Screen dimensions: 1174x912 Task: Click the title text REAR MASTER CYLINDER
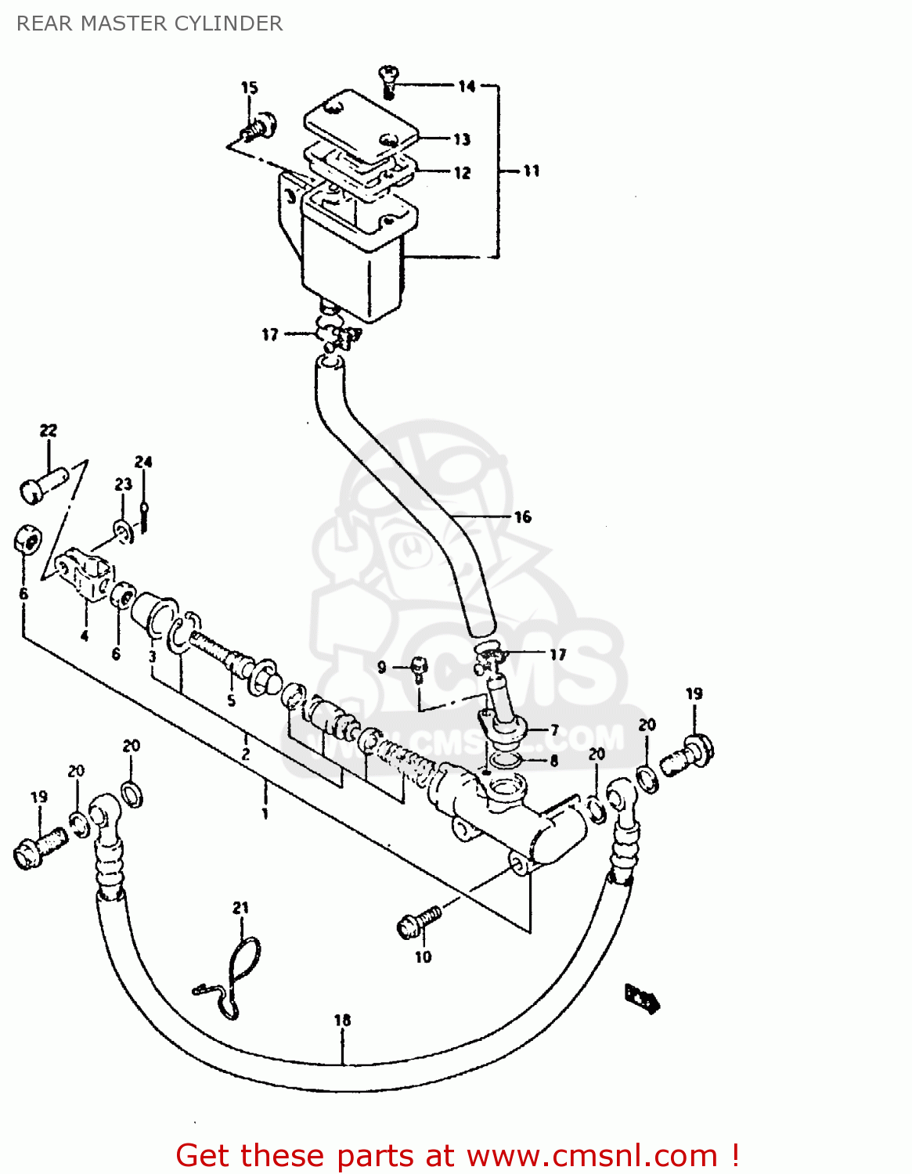[150, 23]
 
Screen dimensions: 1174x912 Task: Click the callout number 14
[467, 86]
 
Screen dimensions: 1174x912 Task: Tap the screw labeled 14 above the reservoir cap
[389, 79]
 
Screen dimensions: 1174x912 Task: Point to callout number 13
[462, 139]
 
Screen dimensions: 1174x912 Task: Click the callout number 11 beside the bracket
[532, 171]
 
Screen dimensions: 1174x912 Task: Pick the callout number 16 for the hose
[522, 517]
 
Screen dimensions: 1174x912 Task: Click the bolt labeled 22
[43, 483]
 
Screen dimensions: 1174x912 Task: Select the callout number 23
[124, 484]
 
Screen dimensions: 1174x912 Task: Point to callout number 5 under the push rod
[231, 700]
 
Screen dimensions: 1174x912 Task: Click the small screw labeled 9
[419, 668]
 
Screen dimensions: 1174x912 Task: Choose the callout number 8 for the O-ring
[554, 761]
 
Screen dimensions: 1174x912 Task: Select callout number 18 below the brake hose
[342, 1020]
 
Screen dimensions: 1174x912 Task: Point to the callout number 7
[554, 731]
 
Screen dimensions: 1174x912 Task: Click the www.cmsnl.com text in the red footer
[592, 1155]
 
